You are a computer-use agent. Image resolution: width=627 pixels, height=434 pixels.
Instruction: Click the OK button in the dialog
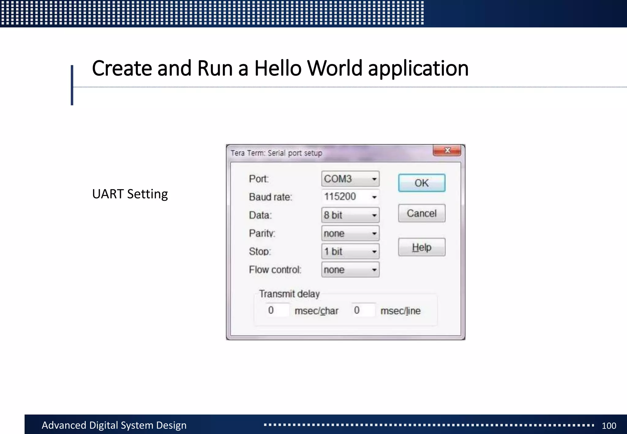point(422,183)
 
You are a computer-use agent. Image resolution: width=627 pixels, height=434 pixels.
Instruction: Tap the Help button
point(422,247)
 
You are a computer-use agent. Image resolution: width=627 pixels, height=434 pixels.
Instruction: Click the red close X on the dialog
point(447,150)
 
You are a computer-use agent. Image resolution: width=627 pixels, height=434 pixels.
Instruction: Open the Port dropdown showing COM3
point(350,179)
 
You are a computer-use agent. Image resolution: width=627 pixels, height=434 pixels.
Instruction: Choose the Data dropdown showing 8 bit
point(350,215)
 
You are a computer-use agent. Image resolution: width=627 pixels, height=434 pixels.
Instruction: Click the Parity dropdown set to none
point(350,234)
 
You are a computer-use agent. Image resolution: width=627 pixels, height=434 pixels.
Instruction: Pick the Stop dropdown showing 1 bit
point(350,252)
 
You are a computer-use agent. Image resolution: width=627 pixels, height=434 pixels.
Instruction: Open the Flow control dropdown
point(350,270)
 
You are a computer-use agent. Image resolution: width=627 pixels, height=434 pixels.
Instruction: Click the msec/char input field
point(277,310)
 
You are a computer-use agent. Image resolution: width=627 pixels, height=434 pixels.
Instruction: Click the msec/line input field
point(363,310)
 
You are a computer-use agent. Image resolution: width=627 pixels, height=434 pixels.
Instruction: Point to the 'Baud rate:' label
point(270,197)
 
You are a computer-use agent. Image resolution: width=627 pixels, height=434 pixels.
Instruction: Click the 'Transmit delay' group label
point(289,294)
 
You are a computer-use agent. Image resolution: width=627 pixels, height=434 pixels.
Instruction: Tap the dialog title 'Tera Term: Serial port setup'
point(276,153)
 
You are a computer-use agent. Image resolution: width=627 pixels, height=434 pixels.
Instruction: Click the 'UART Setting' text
point(130,194)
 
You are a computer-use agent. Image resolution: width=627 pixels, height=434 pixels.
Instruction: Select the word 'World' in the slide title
point(335,68)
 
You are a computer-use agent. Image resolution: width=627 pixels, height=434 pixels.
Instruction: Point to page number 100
point(609,425)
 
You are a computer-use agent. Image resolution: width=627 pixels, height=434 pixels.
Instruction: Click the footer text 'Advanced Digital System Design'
point(114,425)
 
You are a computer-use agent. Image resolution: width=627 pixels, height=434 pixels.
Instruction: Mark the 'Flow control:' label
point(275,270)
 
